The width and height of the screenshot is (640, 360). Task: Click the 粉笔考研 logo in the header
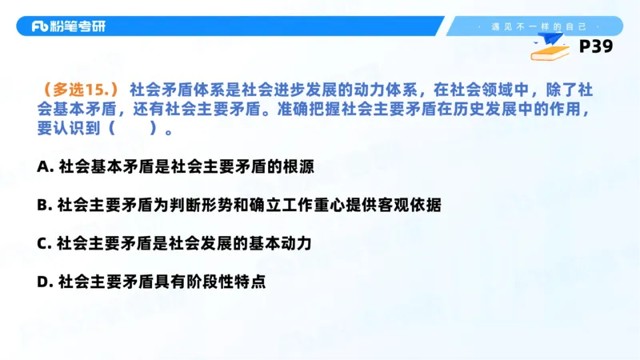(x=68, y=26)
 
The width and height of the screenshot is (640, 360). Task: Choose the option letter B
(x=44, y=205)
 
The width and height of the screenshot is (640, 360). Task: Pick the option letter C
(x=44, y=243)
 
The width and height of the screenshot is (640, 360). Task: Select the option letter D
(x=44, y=282)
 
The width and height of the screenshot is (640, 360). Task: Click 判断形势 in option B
(x=196, y=205)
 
